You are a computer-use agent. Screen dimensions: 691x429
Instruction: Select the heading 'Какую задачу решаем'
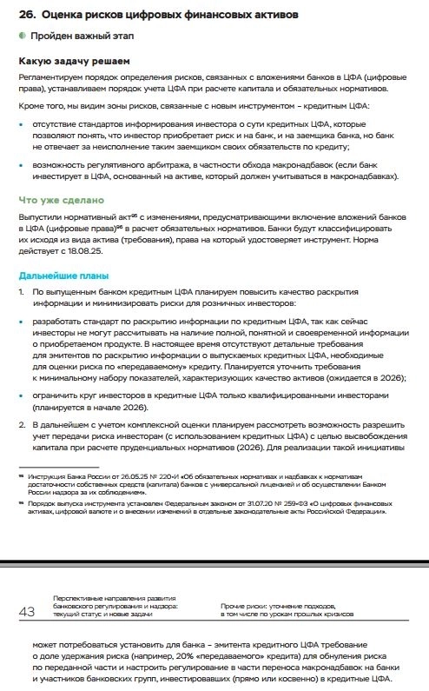(75, 62)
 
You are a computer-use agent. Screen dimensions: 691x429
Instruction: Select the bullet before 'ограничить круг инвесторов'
(22, 395)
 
